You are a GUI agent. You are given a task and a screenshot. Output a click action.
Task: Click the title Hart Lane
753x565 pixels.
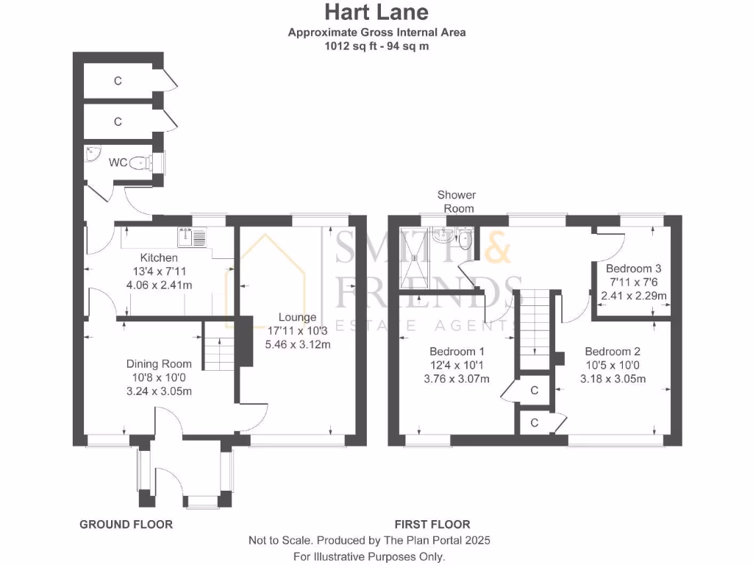376,13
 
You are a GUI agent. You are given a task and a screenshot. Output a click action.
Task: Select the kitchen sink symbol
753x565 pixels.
193,237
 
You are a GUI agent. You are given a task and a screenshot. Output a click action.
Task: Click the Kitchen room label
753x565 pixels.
159,258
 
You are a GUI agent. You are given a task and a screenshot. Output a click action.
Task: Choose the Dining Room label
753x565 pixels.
159,364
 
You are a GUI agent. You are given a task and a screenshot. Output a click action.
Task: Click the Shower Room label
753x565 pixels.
457,202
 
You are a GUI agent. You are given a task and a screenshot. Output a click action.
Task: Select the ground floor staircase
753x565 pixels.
218,349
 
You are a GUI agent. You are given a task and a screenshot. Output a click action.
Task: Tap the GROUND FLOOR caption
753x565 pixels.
126,525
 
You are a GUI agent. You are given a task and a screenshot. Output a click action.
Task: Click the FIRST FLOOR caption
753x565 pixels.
432,525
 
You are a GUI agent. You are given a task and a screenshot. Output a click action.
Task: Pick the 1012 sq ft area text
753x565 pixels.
376,46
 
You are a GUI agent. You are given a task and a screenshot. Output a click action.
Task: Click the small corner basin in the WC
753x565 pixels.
91,155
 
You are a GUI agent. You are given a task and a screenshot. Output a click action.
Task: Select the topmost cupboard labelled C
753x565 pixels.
118,81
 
